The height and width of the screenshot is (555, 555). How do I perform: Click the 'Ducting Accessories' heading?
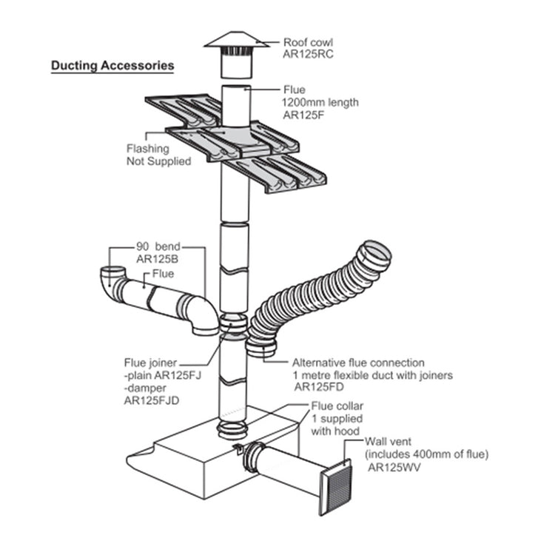(112, 66)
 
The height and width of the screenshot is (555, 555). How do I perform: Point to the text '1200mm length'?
(319, 102)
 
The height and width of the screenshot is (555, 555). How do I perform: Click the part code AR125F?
(302, 115)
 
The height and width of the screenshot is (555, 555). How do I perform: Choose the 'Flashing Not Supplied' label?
(158, 155)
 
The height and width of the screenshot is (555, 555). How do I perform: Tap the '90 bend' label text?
(158, 247)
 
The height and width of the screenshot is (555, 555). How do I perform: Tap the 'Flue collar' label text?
(334, 406)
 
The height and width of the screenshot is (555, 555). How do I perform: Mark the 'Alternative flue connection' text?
(358, 363)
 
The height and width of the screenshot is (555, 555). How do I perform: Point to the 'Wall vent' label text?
(388, 443)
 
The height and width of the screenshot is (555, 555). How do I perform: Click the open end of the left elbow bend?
(112, 272)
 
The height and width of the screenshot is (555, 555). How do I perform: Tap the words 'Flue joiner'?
(150, 363)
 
